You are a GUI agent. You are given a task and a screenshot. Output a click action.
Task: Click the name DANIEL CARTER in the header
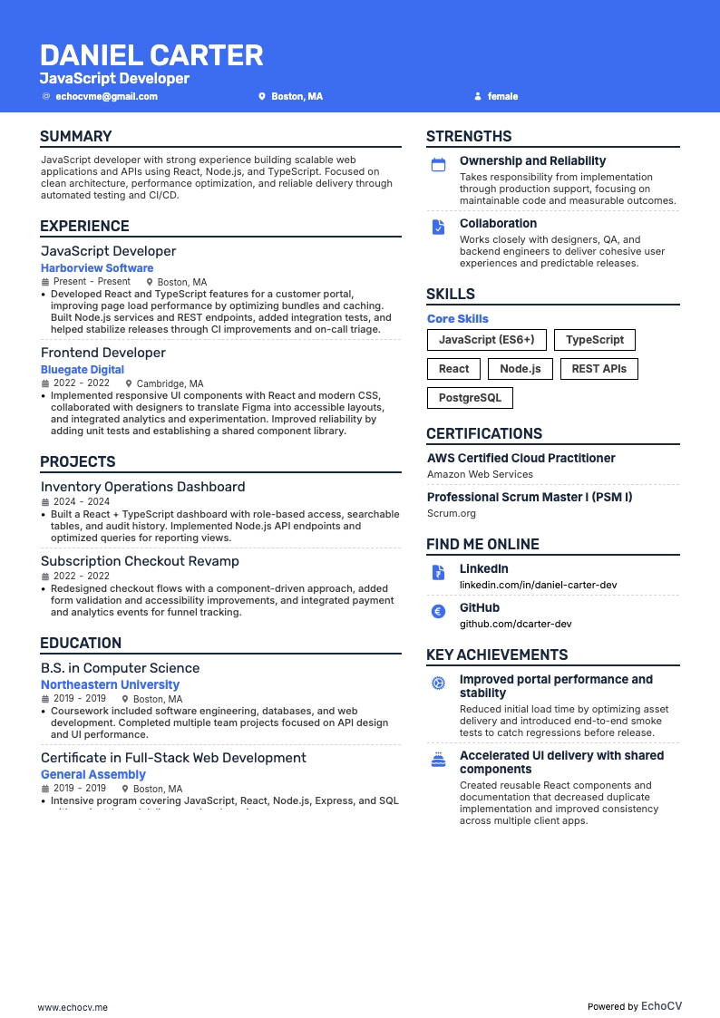point(151,55)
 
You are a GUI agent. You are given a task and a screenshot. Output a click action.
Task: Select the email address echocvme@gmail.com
point(106,96)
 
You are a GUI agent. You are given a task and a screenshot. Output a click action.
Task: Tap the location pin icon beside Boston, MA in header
point(262,96)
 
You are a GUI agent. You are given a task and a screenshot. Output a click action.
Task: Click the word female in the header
point(502,96)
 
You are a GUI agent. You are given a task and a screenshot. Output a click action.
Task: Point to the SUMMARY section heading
point(76,137)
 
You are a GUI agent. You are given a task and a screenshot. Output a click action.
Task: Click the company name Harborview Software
point(97,268)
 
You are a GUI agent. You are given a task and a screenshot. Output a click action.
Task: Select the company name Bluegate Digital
point(83,370)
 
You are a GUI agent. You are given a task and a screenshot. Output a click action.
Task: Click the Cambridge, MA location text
point(170,383)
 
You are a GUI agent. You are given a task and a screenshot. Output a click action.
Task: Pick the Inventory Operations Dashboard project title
point(142,487)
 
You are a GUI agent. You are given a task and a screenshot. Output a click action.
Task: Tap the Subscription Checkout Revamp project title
point(140,561)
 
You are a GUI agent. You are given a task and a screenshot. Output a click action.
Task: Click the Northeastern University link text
point(110,685)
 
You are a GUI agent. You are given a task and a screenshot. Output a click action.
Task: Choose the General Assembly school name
point(93,775)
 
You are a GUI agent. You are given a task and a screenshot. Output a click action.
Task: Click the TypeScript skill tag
point(595,340)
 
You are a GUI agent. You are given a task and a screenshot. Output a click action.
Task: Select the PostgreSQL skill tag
point(470,398)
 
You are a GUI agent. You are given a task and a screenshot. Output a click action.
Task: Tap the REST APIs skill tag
point(599,369)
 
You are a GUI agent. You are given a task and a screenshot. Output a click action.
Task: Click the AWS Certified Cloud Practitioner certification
point(521,459)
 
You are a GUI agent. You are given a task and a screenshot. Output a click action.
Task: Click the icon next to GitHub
point(438,612)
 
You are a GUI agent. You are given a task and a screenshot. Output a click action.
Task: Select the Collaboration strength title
point(498,224)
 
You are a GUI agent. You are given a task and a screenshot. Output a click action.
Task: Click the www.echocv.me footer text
point(73,1006)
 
